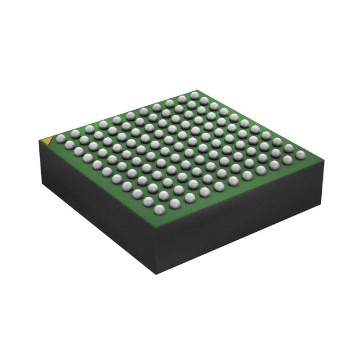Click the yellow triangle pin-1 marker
48,138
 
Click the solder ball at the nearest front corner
159,209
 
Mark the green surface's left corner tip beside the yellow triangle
39,141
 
